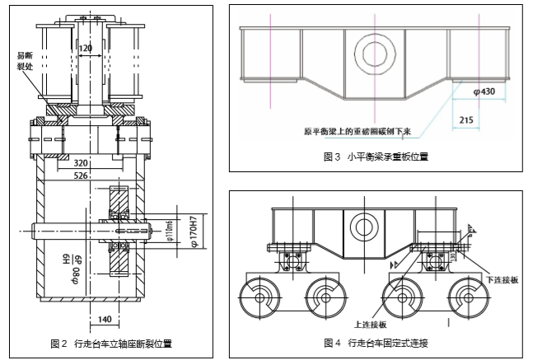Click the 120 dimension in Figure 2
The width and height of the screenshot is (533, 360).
[x=86, y=49]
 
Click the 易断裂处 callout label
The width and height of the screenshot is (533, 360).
[x=26, y=60]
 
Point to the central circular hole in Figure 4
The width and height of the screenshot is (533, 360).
[x=361, y=222]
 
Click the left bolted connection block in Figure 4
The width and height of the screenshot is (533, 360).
[x=292, y=261]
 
